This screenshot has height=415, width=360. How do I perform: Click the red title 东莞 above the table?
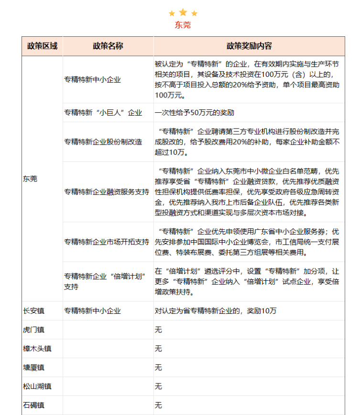click(183, 25)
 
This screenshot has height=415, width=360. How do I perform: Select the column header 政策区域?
click(42, 46)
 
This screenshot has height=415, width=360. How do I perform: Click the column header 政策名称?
click(108, 46)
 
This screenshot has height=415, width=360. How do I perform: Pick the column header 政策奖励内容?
click(249, 46)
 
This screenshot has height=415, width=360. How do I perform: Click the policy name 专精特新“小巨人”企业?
click(103, 113)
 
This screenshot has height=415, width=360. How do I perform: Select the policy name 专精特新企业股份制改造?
click(103, 142)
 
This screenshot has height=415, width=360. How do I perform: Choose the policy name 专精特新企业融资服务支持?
click(107, 192)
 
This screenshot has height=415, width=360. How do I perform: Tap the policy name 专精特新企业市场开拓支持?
click(107, 241)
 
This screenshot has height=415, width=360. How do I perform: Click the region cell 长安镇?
click(33, 311)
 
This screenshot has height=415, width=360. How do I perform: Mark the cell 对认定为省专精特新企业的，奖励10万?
click(216, 311)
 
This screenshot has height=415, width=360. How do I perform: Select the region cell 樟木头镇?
click(37, 349)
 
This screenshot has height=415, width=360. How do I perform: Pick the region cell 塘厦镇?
click(33, 367)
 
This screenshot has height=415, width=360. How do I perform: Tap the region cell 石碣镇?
click(33, 405)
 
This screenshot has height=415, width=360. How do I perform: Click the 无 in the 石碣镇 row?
click(158, 405)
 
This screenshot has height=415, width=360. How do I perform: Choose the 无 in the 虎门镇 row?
click(158, 330)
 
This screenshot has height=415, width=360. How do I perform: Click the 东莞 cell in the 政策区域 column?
click(30, 179)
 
